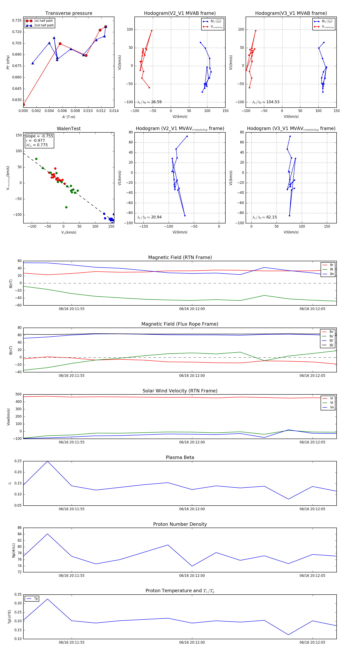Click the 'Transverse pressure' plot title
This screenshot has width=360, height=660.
coord(69,13)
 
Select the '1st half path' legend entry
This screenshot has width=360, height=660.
coord(43,21)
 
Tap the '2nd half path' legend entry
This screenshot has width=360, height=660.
coord(44,25)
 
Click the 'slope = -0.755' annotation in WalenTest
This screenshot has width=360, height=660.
coord(39,136)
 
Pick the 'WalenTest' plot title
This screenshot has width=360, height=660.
coord(69,129)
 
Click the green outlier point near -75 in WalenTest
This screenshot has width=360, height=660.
coord(66,207)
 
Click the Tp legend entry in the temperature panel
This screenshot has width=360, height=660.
coord(36,599)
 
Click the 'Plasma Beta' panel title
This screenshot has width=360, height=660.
coord(180,457)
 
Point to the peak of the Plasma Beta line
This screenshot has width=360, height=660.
coord(47,461)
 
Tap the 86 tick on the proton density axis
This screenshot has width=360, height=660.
coord(19,528)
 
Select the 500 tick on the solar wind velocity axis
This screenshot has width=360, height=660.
coord(18,394)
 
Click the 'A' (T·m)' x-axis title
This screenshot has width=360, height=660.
coord(69,117)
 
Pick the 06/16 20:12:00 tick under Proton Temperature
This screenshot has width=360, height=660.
coord(192,642)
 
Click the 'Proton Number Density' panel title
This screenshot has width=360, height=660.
coord(180,524)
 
